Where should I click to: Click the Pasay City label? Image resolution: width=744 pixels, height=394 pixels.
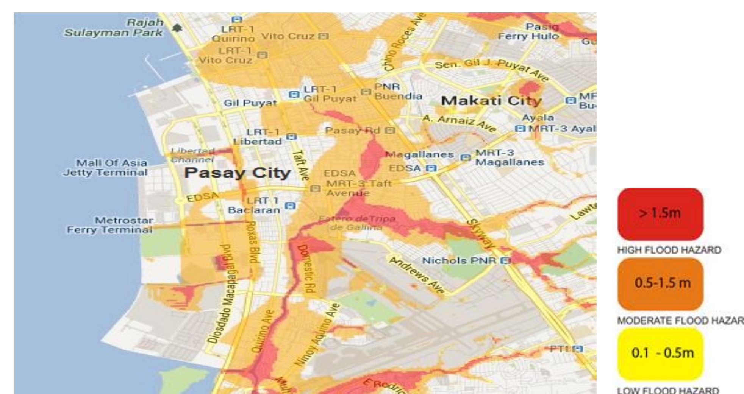click(x=238, y=173)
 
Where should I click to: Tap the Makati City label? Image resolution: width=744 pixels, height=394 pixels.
click(x=491, y=101)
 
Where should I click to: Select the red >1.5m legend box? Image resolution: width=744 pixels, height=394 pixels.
click(x=660, y=213)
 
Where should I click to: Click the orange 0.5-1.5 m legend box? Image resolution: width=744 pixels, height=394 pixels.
click(x=660, y=283)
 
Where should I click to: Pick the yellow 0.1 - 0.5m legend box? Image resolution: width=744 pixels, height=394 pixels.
click(x=660, y=353)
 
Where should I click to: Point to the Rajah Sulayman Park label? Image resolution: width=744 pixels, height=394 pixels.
click(x=114, y=28)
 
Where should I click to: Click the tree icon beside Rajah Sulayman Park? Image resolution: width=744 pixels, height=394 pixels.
click(x=177, y=28)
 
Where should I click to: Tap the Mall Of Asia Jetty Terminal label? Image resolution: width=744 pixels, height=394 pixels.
click(x=106, y=168)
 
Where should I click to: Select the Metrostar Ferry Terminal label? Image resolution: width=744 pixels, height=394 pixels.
click(x=110, y=225)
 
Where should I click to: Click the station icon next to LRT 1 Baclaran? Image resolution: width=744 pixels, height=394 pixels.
click(x=290, y=206)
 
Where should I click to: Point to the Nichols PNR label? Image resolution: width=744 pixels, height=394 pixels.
click(x=459, y=260)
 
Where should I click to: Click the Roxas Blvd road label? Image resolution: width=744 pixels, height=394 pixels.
click(x=252, y=242)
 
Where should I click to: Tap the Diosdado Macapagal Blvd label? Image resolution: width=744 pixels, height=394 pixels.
click(x=221, y=293)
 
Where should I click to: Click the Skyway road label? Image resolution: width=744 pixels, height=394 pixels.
click(x=480, y=234)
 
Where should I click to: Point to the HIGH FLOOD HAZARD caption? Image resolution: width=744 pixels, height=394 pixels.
click(x=669, y=250)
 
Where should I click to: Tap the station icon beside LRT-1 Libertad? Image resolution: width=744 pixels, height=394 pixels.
click(x=291, y=137)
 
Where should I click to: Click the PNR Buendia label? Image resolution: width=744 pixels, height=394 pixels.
click(x=397, y=92)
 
